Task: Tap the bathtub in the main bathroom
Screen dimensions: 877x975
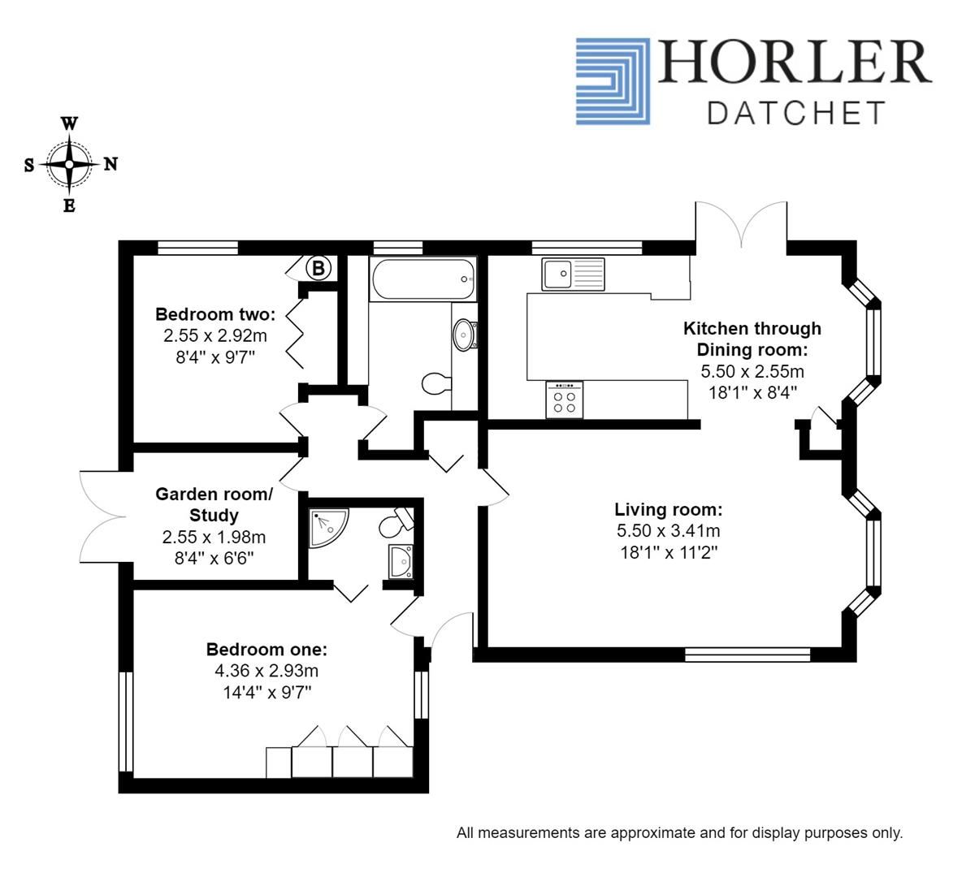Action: click(422, 279)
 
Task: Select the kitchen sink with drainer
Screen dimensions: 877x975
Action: click(574, 274)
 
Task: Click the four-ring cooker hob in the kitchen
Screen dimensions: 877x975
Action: click(565, 399)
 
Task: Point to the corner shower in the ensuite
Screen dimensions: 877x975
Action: click(327, 527)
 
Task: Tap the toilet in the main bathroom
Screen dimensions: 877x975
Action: click(436, 383)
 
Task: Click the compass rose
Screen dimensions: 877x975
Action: click(70, 164)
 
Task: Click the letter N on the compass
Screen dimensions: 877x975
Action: click(110, 164)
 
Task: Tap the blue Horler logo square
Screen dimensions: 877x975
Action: click(613, 80)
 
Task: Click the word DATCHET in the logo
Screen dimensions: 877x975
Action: click(795, 113)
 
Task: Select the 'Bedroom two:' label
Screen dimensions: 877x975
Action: click(215, 314)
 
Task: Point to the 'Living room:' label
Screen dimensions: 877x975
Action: click(668, 510)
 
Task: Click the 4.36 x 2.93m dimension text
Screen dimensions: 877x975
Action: click(266, 671)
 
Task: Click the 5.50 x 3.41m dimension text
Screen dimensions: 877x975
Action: click(668, 531)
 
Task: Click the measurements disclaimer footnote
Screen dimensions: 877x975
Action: click(679, 832)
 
